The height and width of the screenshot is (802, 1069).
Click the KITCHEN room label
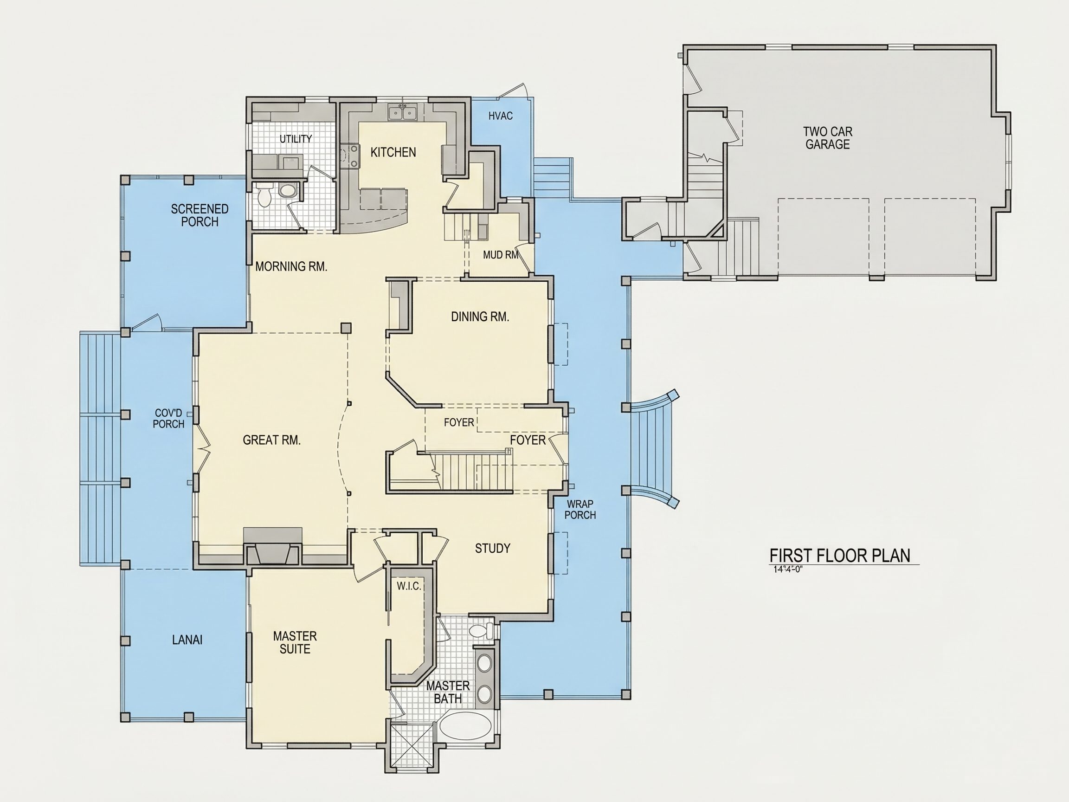click(393, 152)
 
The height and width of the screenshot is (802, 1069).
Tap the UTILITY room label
click(296, 139)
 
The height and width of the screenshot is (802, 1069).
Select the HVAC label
click(500, 116)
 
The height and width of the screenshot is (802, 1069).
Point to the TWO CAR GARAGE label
click(827, 138)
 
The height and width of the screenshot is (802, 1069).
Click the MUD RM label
click(501, 255)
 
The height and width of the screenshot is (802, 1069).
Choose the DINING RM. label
click(480, 317)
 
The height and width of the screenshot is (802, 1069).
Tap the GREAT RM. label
click(271, 440)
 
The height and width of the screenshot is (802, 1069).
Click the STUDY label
click(492, 548)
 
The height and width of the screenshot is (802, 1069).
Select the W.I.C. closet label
click(409, 586)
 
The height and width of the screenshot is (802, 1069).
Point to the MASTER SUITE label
click(295, 642)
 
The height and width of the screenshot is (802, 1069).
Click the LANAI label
click(187, 640)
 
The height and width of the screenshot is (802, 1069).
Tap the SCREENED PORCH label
click(200, 215)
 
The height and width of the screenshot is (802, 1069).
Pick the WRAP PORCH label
click(580, 510)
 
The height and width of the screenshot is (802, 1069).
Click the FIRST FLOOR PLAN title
click(840, 556)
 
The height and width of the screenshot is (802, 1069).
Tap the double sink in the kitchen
click(402, 114)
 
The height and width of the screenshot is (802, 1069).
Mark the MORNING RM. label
click(291, 266)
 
